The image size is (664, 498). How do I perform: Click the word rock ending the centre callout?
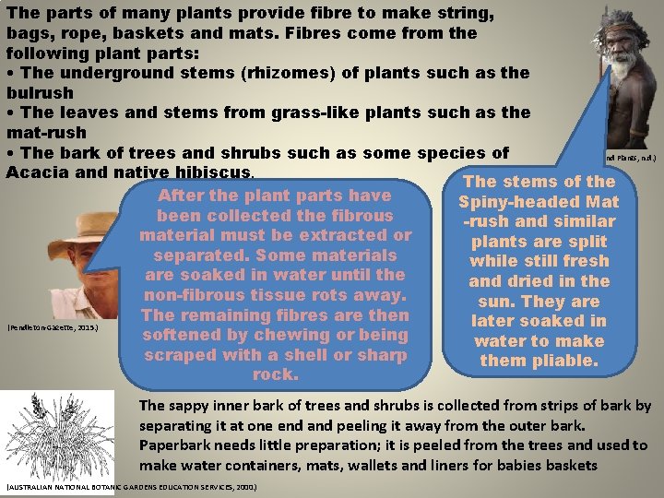(x=275, y=375)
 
